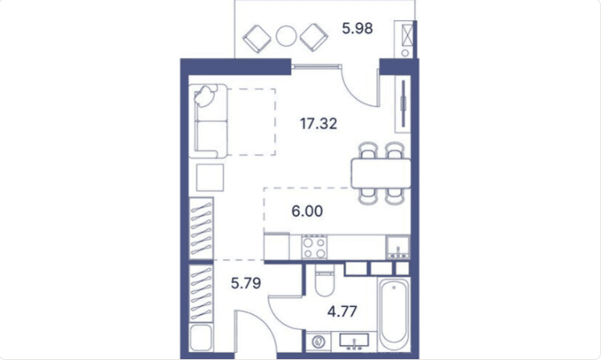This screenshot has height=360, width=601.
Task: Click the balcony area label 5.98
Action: coord(358,28)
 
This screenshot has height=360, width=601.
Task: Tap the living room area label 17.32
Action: coord(318,124)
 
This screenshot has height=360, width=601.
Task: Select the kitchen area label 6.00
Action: coord(307,211)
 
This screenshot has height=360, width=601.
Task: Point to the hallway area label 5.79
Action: coord(246,283)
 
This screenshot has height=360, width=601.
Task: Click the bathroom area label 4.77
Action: coord(342,311)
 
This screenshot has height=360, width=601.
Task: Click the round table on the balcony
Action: coord(286,36)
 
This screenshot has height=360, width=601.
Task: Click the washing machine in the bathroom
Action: coord(318,342)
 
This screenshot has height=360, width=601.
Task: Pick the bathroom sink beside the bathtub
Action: coord(354,342)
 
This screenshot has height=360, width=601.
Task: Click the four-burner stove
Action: coord(314,247)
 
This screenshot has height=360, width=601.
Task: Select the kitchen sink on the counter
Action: coord(398,247)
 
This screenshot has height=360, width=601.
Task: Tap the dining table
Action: coord(381,174)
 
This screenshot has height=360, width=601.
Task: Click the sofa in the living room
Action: coord(211,121)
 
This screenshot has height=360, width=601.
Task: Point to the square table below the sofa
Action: coord(210,178)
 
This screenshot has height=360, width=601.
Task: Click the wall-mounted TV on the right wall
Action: coord(403,103)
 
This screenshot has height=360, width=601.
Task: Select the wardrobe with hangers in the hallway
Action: coord(202,293)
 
